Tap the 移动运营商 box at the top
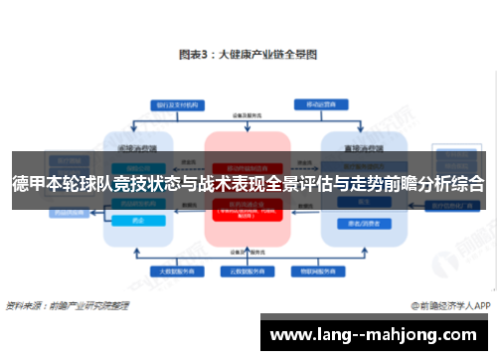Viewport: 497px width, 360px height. (x=317, y=104)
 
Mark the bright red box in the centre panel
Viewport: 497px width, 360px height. (x=247, y=212)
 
